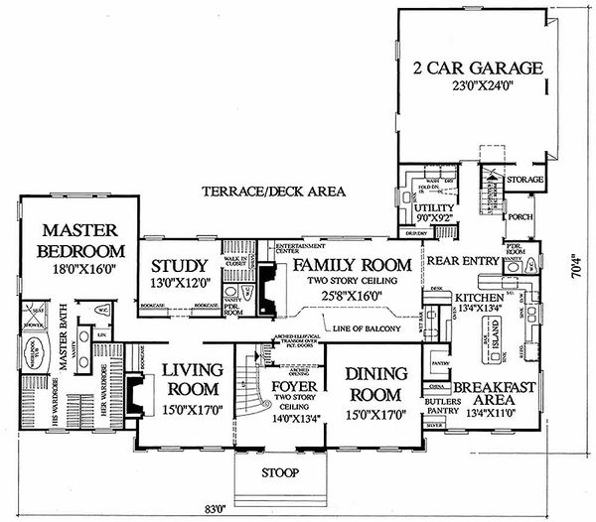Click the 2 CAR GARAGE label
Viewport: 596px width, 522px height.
478,68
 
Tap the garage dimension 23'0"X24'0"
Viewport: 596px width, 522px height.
478,85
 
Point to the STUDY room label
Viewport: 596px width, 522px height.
180,266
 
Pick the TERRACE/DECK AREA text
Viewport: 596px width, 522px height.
271,191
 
